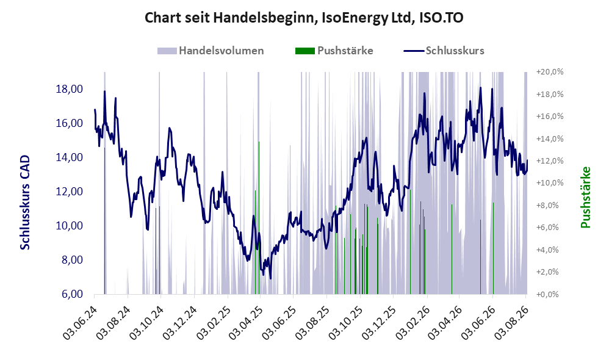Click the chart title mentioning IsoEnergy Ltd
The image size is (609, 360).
pos(304,18)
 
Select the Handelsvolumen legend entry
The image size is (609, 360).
pos(211,51)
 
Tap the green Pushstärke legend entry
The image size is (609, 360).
pos(334,51)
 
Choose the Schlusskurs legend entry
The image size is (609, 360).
pos(444,51)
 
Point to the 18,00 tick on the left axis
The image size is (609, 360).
pos(70,89)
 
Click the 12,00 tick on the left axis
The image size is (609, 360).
pos(70,192)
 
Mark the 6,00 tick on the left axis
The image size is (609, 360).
pos(72,294)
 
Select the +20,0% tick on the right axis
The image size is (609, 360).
pos(550,72)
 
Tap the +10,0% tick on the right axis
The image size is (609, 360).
pos(550,183)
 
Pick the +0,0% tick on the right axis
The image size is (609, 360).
pos(547,294)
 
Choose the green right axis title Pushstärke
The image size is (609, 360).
pos(585,197)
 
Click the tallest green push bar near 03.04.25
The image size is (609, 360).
pos(259,218)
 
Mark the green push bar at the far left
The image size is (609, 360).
pos(104,221)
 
